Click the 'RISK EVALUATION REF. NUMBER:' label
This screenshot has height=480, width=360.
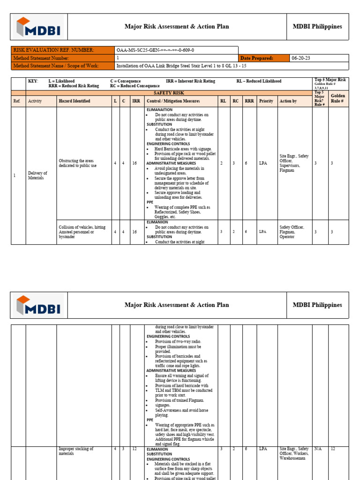click(54, 50)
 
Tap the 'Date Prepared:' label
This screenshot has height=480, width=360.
click(256, 58)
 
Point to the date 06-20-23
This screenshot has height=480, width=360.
click(301, 58)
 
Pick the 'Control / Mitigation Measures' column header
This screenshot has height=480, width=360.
click(173, 101)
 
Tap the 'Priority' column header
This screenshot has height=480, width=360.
click(266, 101)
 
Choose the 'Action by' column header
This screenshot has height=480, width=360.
click(288, 101)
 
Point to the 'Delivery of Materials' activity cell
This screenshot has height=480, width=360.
click(37, 175)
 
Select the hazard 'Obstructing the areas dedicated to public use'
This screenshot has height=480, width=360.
click(78, 163)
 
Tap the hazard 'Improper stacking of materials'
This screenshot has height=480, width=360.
click(76, 451)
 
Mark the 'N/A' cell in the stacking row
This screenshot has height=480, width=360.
click(318, 449)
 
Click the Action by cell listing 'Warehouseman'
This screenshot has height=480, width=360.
click(294, 453)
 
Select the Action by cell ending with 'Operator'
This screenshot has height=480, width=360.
click(292, 232)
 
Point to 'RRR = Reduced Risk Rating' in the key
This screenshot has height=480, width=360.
click(74, 86)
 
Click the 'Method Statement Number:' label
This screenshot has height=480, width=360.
click(43, 58)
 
